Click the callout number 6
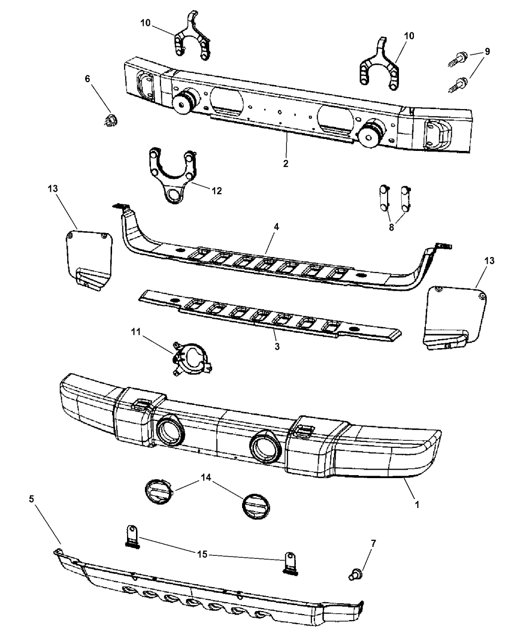point(88,79)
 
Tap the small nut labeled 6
point(110,121)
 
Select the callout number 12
point(216,191)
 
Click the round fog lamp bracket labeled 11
point(191,359)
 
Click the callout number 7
point(374,543)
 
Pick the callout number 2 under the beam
point(285,164)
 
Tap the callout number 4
point(276,227)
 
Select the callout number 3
point(277,347)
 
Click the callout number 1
point(417,505)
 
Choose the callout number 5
point(32,499)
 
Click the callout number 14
point(206,478)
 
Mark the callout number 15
point(202,554)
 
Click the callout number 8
point(392,227)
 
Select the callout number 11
point(135,332)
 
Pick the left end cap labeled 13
point(89,261)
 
